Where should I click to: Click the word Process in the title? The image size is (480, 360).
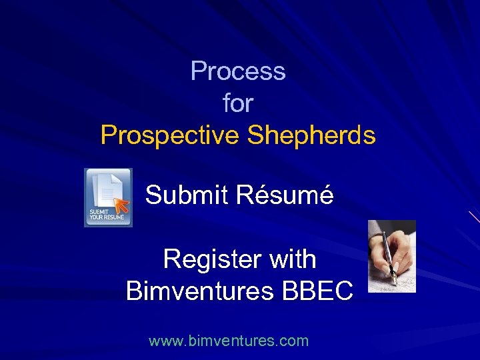point(238,71)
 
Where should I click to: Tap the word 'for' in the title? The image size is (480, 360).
point(238,103)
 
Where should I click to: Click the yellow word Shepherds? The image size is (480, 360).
point(311,135)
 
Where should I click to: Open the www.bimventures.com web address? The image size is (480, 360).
point(229,341)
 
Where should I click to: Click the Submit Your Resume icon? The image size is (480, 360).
point(108,197)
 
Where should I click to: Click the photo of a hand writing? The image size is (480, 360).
point(392,256)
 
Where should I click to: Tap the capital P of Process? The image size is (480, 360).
point(197,71)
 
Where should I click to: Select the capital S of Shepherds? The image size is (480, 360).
point(256,135)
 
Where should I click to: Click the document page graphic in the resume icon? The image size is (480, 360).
point(107,189)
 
